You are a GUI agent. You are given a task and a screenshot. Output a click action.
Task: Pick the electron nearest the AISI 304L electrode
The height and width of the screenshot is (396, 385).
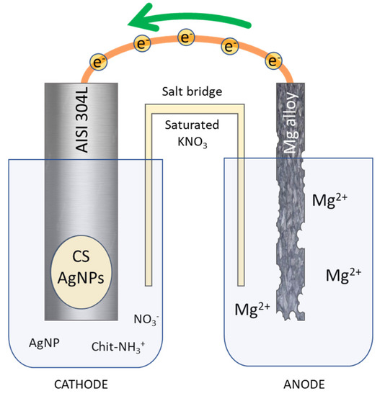[96, 61]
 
